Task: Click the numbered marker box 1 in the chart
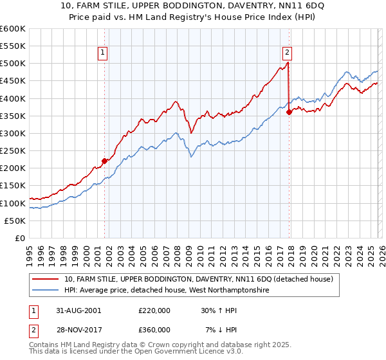102,53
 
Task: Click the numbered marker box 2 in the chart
287,53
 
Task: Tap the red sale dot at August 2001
104,161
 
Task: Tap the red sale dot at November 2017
289,112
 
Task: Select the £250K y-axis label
13,150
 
